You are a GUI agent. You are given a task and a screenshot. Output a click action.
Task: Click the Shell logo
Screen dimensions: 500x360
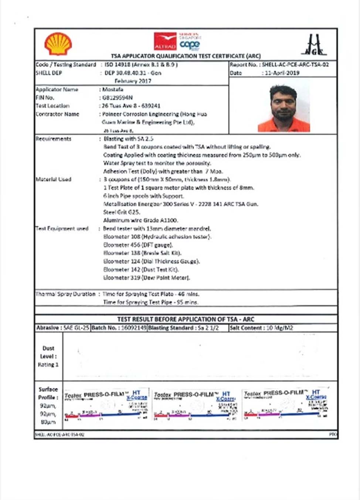click(58, 44)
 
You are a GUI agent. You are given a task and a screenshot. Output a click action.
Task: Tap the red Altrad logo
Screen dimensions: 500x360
click(165, 41)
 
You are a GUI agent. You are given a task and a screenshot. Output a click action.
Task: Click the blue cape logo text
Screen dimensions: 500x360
click(190, 45)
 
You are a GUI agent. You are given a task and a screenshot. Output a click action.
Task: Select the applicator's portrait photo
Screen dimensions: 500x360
click(283, 108)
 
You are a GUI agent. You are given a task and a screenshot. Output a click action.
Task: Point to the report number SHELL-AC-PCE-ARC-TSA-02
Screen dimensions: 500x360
click(295, 65)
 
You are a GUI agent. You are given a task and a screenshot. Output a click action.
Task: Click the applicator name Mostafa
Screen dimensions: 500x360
click(113, 89)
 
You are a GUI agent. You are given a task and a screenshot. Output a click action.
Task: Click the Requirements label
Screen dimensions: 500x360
click(54, 139)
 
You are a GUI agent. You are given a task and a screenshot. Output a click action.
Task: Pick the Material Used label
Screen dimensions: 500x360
click(54, 179)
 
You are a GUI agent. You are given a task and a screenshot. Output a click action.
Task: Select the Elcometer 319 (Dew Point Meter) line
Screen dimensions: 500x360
click(146, 278)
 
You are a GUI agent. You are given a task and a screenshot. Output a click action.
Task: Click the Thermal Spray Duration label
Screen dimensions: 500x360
click(65, 294)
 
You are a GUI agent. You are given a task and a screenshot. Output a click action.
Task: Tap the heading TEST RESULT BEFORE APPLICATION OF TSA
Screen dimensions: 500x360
click(186, 319)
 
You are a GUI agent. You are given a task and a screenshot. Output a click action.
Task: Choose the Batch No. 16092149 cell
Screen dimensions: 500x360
click(119, 328)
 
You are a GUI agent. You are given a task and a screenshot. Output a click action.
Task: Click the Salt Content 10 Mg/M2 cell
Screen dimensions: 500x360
click(261, 328)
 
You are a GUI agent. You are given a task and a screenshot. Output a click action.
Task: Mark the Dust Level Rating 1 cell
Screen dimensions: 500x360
click(48, 356)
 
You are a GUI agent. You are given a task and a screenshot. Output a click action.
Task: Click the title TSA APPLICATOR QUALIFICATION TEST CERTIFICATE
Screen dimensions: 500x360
click(186, 56)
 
